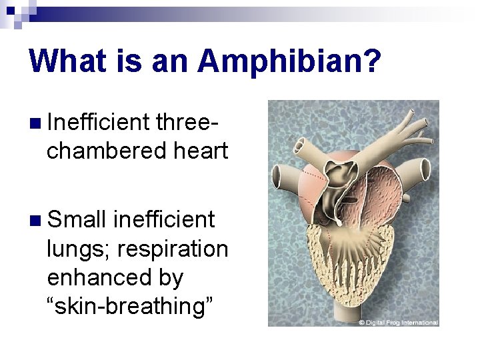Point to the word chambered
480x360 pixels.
click(100, 151)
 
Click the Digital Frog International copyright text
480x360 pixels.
click(398, 323)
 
